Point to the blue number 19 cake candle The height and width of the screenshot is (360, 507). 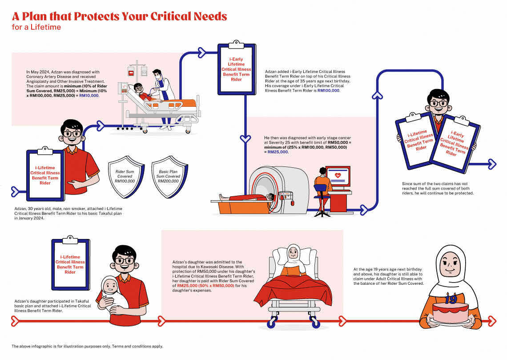coord(451,299)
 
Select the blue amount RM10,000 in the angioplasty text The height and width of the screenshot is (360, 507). coord(89,95)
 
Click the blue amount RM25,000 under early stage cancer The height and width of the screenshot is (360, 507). coord(278,152)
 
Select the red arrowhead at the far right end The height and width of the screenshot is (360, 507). coord(492,321)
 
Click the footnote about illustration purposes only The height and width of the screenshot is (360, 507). coord(87,346)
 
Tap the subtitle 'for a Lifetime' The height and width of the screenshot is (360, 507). coord(36,27)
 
